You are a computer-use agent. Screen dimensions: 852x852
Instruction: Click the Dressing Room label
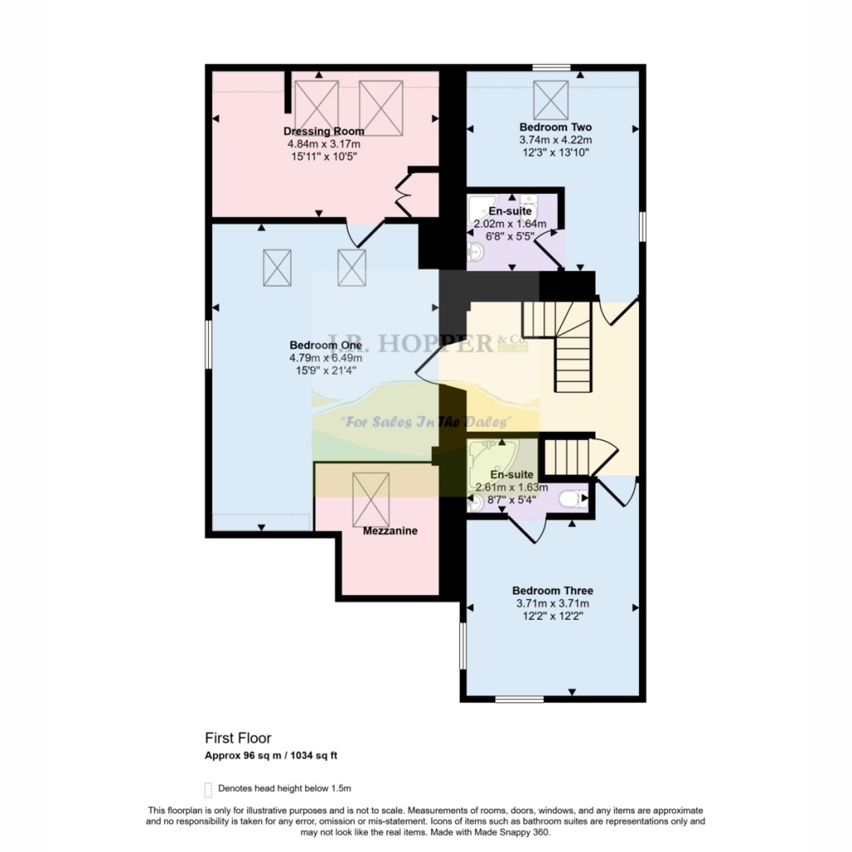(324, 131)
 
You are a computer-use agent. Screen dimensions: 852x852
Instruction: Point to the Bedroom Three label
(552, 591)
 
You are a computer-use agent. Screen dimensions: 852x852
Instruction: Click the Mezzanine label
(390, 531)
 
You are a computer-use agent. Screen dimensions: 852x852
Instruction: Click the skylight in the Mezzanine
(371, 498)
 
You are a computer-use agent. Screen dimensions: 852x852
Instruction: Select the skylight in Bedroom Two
(551, 101)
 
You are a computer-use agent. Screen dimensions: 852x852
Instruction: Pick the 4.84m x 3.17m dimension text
(324, 143)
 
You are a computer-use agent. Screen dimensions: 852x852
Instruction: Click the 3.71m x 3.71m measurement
(552, 604)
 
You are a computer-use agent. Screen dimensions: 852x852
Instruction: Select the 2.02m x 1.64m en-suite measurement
(509, 224)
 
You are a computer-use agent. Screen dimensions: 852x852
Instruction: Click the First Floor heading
(238, 738)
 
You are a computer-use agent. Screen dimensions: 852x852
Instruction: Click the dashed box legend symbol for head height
(208, 789)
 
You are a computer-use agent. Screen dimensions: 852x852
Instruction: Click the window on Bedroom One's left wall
(208, 343)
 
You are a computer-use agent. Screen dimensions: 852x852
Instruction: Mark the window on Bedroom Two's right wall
(642, 226)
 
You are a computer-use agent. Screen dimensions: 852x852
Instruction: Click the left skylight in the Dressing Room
(316, 107)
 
